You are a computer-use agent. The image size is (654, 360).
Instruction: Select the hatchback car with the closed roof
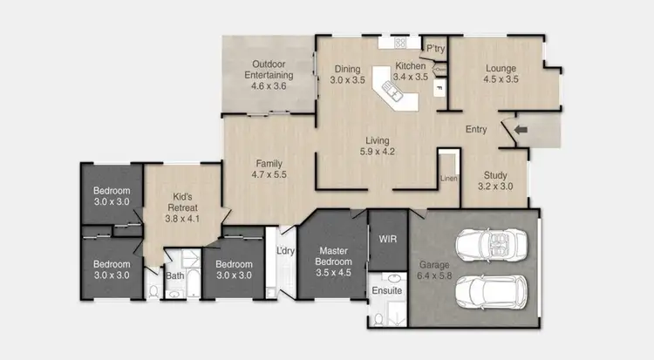[x=490, y=291]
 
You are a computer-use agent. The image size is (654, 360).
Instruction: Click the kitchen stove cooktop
[x=400, y=42]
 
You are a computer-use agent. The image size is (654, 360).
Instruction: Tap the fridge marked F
[x=438, y=88]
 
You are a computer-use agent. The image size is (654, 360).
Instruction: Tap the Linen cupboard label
[x=448, y=179]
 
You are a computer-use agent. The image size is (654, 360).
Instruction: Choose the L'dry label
[x=283, y=252]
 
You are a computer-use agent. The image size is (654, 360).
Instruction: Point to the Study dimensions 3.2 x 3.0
[x=495, y=186]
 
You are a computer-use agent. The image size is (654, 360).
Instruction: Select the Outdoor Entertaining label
[x=268, y=70]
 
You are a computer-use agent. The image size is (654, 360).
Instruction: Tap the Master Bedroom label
[x=334, y=255]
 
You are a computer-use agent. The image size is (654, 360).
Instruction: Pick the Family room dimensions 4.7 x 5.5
[x=268, y=174]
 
